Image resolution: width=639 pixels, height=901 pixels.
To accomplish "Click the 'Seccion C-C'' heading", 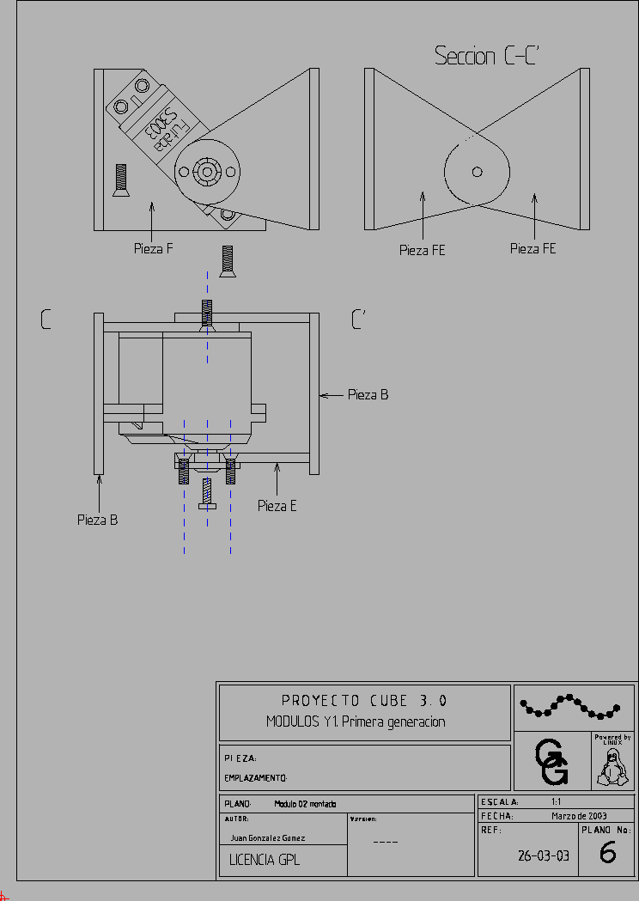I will coord(486,57).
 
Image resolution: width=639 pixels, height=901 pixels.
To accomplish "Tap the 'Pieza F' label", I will coord(154,249).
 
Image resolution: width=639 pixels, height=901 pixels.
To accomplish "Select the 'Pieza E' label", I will coord(277,506).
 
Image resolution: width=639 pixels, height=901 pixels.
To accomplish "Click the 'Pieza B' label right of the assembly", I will coord(368,395).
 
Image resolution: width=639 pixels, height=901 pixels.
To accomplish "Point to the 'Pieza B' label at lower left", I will coord(98,520).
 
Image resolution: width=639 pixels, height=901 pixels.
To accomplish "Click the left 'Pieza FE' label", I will coord(423,250).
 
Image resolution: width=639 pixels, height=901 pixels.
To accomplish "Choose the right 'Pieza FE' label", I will coord(532,248).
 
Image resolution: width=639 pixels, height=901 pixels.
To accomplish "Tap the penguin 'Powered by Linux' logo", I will coord(612,762).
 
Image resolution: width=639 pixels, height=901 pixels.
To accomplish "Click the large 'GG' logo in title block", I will coord(551,763).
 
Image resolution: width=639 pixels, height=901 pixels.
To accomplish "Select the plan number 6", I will coord(607,854).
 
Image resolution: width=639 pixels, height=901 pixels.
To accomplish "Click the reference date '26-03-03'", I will coord(543,855).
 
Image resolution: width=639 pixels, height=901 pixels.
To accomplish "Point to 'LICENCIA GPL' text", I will coord(265,860).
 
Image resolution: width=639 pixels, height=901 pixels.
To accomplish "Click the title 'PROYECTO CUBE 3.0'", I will coord(364,701).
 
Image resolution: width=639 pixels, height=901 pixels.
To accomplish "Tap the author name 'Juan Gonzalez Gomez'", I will coord(268,837).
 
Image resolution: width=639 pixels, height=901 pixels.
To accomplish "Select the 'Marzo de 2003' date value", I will coord(579,816).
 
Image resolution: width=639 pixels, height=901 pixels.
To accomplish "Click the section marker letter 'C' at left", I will coord(46,320).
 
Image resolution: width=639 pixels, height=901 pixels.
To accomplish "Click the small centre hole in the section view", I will coord(478,172).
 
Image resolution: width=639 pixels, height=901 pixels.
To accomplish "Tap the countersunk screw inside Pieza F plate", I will coord(120,180).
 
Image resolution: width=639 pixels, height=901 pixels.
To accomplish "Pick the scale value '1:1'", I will coord(557,801).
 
